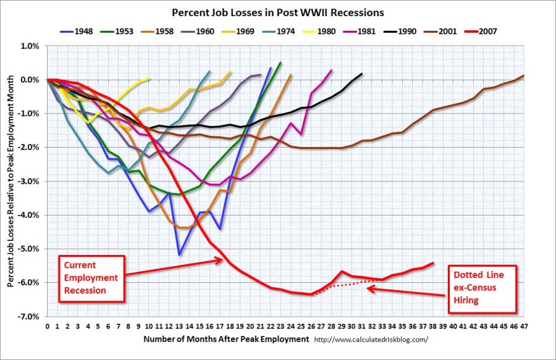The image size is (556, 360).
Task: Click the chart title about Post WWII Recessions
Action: [x=277, y=12]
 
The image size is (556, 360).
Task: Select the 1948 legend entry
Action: [x=80, y=31]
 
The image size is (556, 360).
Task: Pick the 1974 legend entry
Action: [x=282, y=31]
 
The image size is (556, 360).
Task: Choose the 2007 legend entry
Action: [x=482, y=31]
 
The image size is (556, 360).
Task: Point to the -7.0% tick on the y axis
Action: [x=32, y=316]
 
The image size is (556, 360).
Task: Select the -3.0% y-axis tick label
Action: [x=32, y=181]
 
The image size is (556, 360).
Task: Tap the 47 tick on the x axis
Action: [x=523, y=325]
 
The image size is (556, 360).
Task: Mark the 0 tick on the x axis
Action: [x=47, y=325]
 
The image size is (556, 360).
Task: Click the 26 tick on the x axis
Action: [x=311, y=325]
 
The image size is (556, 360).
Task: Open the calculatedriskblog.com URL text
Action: [x=371, y=340]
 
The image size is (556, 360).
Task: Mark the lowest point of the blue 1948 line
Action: [x=179, y=254]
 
